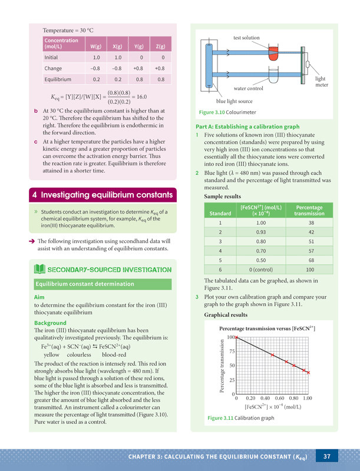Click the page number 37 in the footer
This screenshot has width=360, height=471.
(328, 456)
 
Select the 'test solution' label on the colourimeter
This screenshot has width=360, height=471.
(246, 38)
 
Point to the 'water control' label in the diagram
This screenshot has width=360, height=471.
(248, 88)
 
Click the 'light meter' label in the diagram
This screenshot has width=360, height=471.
(321, 82)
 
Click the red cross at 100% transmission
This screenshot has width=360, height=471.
(236, 337)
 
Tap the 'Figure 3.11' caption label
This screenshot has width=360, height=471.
(220, 418)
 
